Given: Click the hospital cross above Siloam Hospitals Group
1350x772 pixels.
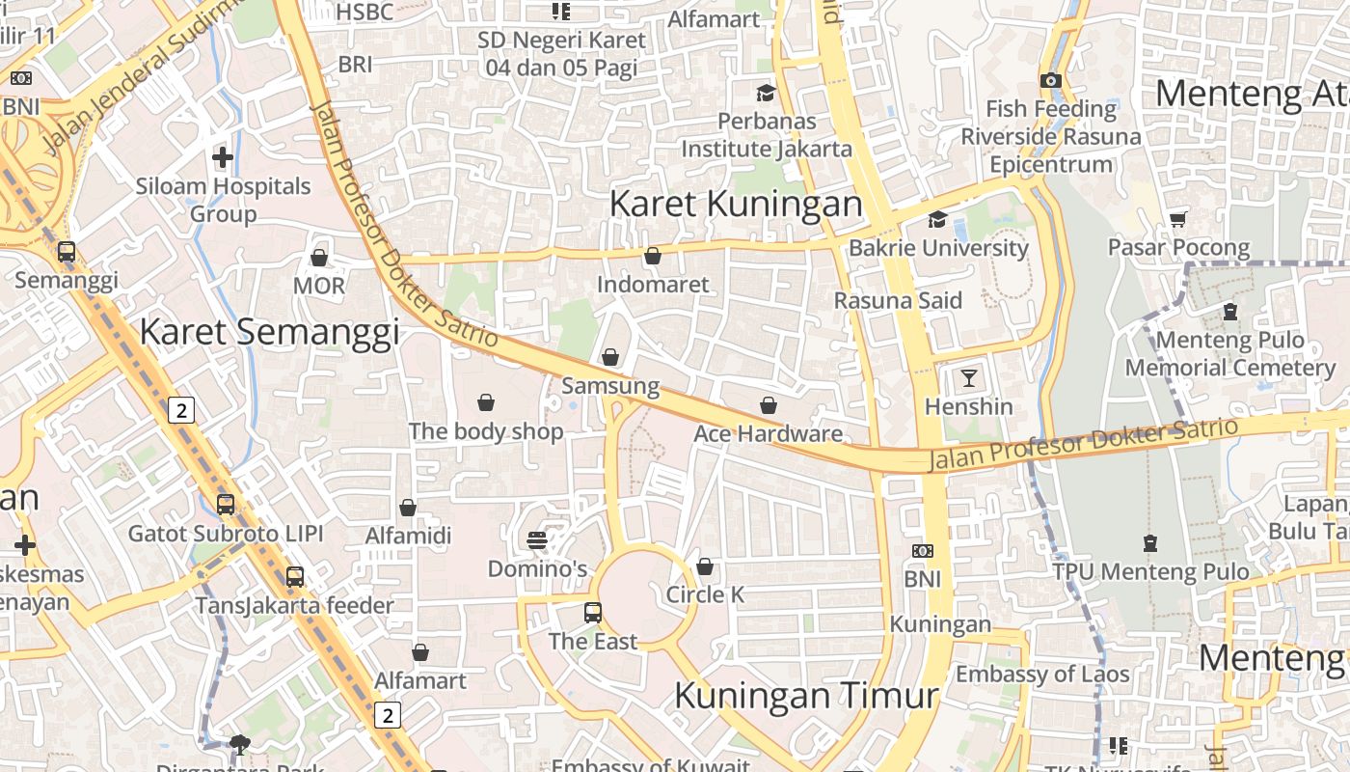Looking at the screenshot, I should coord(223,156).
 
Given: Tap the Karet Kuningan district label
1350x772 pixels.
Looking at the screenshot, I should coord(736,204).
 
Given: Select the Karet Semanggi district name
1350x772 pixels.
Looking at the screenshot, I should coord(269,331).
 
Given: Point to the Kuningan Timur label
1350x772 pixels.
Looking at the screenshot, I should coord(806,696).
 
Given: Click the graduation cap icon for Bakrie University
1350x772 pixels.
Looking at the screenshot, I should coord(937,220).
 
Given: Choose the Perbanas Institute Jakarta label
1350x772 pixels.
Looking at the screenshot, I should coord(767,135).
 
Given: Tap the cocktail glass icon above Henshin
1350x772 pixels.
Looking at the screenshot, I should coord(968,377).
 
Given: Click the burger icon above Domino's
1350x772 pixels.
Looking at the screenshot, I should coord(537,540).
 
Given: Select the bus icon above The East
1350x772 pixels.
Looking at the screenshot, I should coord(593,612).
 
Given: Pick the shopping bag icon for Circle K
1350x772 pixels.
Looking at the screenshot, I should coord(705,566).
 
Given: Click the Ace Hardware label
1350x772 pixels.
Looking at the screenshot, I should coord(768,434).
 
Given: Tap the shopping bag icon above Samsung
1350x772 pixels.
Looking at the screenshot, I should coord(610,358).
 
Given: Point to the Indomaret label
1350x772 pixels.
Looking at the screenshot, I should coord(653,285).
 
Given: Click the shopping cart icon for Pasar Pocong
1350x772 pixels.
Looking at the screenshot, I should coord(1177,220).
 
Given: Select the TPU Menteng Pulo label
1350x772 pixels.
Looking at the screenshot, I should coord(1150,571).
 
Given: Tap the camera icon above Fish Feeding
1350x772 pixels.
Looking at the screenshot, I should coord(1051,81).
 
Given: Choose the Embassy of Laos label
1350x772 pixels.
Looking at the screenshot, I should coord(1041,674).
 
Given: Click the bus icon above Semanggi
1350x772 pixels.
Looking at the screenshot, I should coord(66,252).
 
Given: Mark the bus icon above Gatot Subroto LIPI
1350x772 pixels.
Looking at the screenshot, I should coord(226,505).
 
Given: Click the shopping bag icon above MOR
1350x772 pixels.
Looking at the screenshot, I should coord(318,258).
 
